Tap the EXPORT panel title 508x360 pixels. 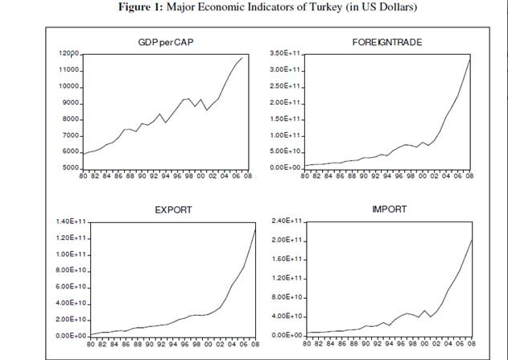(173, 209)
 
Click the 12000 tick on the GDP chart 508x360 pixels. (68, 54)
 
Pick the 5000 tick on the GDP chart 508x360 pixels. (70, 168)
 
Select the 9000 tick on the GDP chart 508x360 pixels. (70, 103)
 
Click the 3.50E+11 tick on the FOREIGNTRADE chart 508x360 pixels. (285, 54)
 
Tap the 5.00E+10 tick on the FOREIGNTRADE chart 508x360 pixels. (285, 151)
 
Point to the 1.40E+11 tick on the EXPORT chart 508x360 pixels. (72, 221)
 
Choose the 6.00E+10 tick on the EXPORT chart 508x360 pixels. (72, 287)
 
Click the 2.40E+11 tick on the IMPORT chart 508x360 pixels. (285, 221)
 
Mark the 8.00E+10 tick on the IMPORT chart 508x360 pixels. (285, 297)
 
